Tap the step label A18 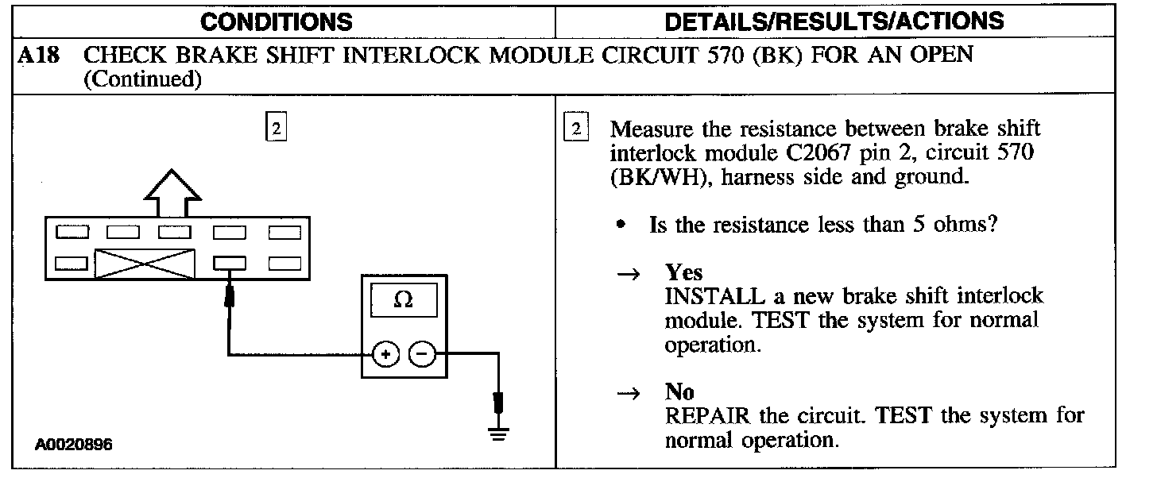39,56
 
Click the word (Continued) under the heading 141,79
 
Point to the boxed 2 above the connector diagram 275,128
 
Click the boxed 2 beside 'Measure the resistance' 576,128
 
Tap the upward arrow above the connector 172,192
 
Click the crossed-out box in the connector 145,263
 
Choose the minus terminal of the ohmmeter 422,355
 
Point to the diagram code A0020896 73,445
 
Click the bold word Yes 684,272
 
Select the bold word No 679,391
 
